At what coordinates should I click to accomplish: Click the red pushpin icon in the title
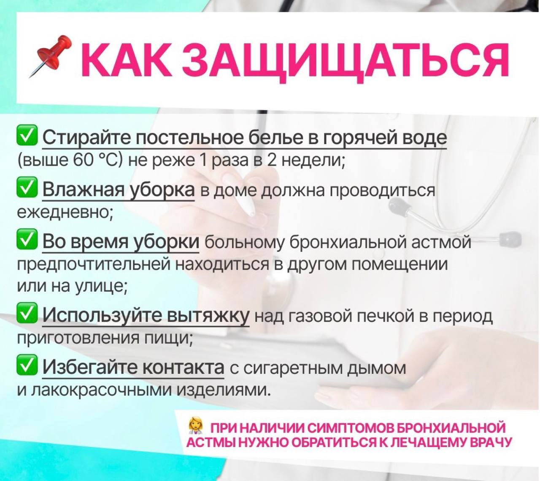click(50, 56)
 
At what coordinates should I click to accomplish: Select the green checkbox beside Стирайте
click(27, 137)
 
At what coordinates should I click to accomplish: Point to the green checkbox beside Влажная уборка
click(27, 188)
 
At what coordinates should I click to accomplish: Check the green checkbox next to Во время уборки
click(27, 240)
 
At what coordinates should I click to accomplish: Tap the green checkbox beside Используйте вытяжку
click(27, 314)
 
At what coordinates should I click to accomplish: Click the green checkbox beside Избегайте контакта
click(27, 365)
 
